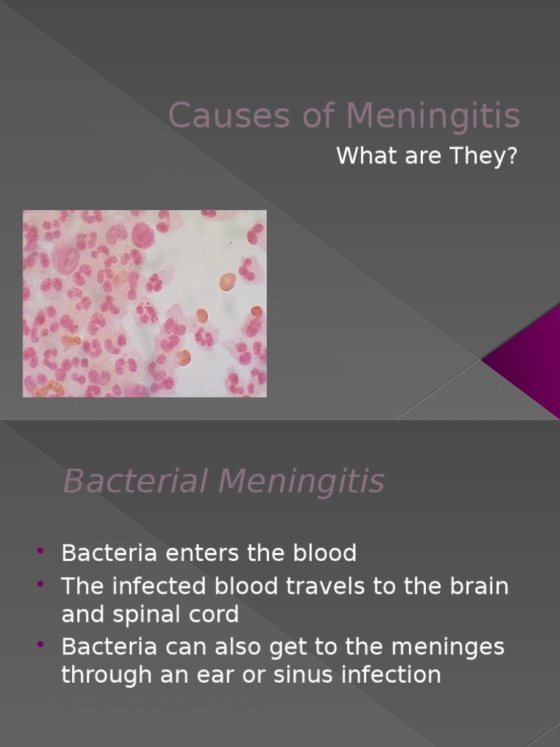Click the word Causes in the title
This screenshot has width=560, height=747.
click(209, 115)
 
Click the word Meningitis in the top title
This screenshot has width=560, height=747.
click(432, 115)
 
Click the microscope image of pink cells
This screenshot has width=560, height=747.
click(144, 303)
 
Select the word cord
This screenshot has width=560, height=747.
click(216, 614)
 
